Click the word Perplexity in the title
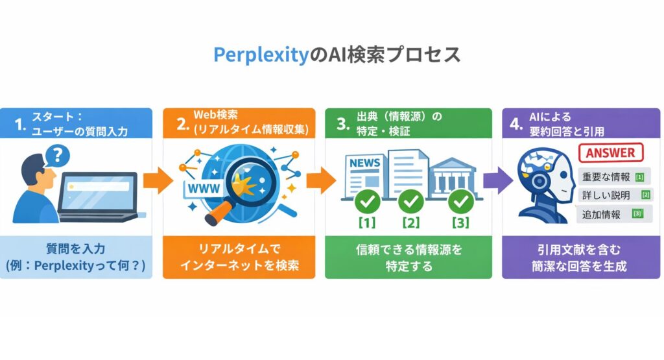tap(260, 55)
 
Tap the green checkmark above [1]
tap(368, 202)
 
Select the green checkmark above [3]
tap(461, 202)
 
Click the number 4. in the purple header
tap(516, 125)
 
